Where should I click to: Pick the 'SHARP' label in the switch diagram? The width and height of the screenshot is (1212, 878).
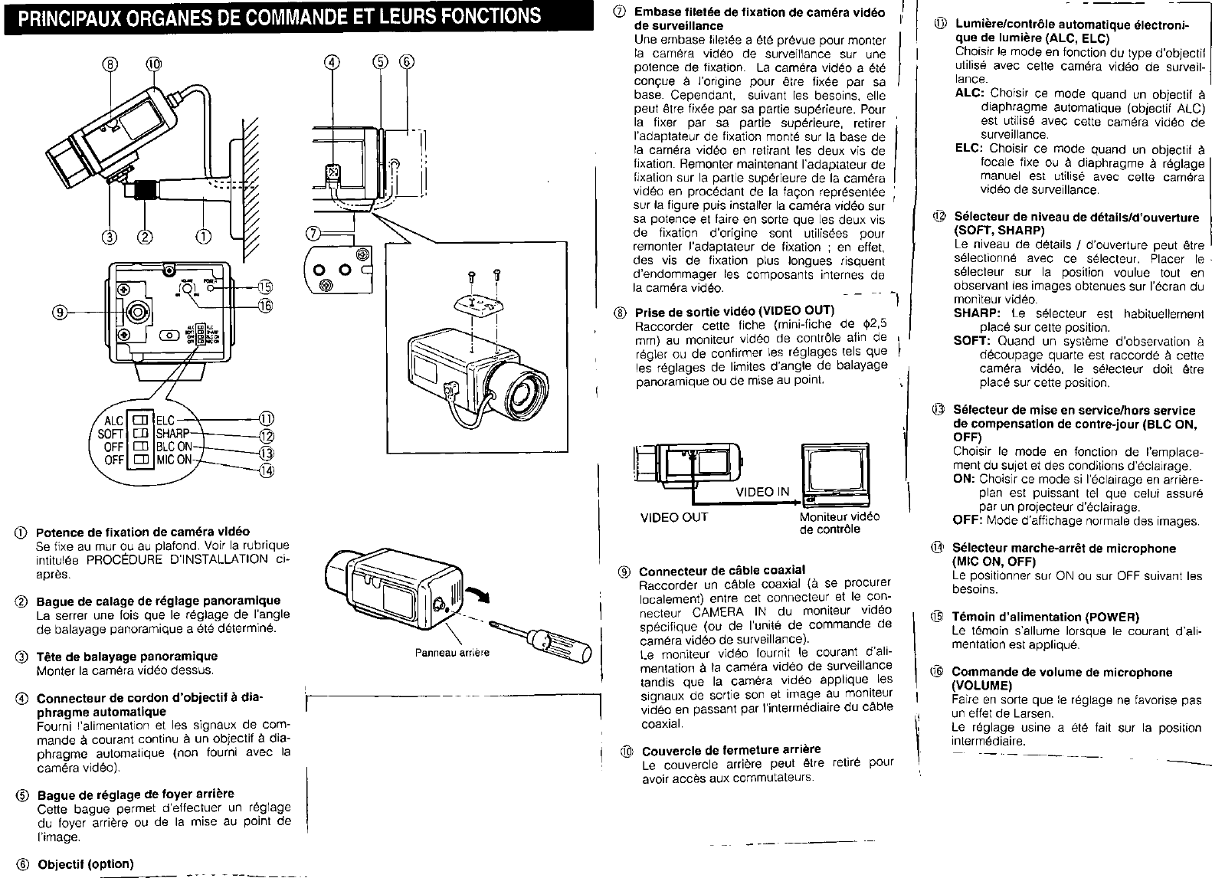tap(172, 433)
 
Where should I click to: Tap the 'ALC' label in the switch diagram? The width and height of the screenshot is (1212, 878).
tap(113, 420)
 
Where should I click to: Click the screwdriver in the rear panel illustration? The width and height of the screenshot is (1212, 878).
tap(555, 642)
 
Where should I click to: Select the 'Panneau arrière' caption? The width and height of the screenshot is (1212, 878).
tap(451, 653)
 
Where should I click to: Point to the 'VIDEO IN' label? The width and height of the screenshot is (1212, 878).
tap(762, 492)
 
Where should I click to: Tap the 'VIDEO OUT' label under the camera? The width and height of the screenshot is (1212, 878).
tap(674, 517)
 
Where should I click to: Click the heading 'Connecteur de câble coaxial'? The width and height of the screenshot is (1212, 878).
tap(722, 570)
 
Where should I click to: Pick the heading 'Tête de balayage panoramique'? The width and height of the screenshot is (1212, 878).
tap(127, 656)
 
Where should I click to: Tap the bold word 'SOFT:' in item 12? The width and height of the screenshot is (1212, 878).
tap(973, 342)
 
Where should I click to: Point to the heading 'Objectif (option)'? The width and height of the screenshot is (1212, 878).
tap(86, 863)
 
